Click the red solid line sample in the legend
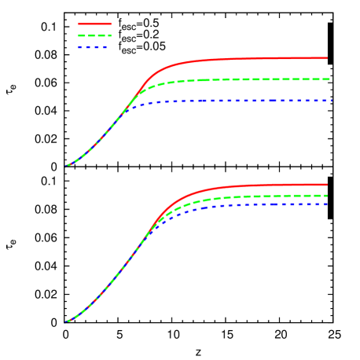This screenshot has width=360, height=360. click(95, 24)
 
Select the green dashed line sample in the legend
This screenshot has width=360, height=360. click(95, 35)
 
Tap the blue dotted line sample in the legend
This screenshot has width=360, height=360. click(93, 47)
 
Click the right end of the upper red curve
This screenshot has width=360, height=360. click(327, 58)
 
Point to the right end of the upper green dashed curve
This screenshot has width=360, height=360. click(332, 79)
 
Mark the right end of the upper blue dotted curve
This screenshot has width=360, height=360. click(332, 101)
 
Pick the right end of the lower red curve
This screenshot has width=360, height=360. click(327, 185)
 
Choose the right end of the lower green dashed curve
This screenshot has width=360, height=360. click(327, 196)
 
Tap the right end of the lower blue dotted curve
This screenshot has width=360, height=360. click(327, 204)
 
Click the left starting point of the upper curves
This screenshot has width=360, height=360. click(66, 167)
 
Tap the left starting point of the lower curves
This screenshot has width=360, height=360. click(66, 321)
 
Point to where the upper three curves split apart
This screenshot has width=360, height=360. click(130, 102)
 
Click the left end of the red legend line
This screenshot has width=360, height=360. click(79, 24)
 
